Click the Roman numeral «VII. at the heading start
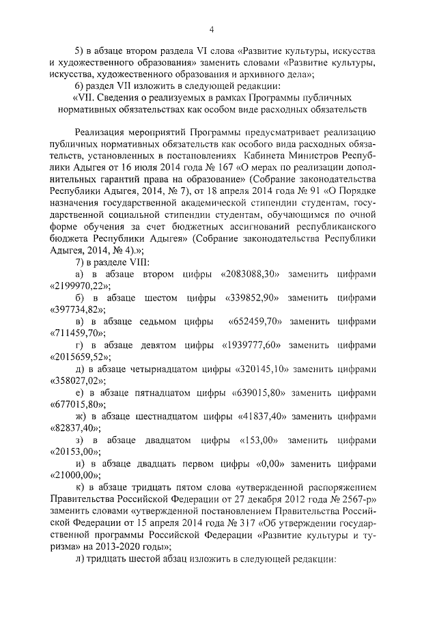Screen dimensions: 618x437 pyautogui.click(x=85, y=97)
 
